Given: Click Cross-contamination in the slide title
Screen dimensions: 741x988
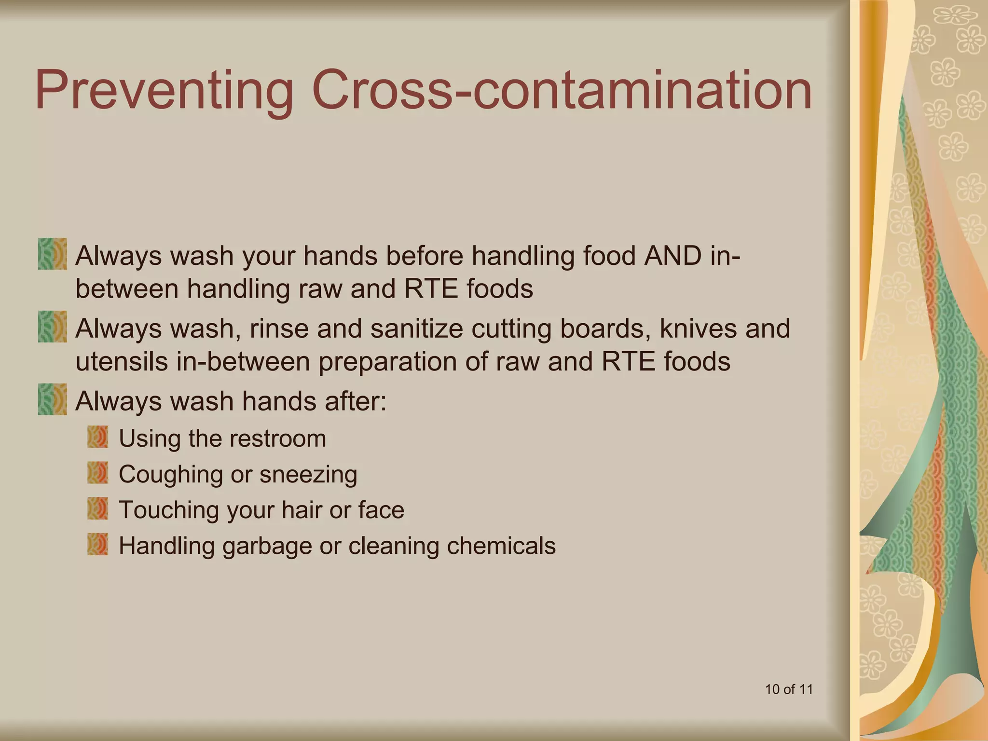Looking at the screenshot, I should [562, 90].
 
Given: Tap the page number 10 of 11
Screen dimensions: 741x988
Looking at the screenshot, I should [789, 689].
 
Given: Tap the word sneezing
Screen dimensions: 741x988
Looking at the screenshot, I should [308, 475].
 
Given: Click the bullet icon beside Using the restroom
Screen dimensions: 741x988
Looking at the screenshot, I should [97, 437].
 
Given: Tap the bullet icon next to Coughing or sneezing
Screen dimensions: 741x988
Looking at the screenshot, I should [97, 473].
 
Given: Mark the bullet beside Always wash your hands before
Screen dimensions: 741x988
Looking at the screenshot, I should [52, 254].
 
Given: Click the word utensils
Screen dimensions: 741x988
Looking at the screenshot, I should [122, 362].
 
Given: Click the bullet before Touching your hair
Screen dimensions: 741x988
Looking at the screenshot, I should [97, 508].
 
